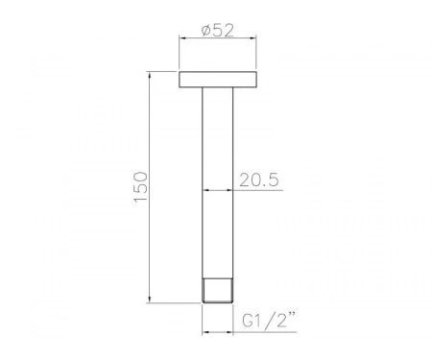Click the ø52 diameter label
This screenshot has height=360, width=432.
[218, 31]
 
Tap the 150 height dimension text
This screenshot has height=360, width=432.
[141, 187]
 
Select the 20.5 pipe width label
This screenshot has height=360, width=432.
[259, 180]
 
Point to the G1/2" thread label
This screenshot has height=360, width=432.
[268, 320]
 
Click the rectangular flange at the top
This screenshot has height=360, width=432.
[218, 80]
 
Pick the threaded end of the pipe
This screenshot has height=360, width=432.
[218, 291]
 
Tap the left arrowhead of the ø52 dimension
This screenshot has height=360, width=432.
[182, 38]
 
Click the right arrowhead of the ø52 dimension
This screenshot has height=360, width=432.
[252, 38]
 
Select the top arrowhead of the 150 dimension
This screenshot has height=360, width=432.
[149, 75]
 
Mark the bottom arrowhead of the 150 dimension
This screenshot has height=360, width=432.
[149, 299]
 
